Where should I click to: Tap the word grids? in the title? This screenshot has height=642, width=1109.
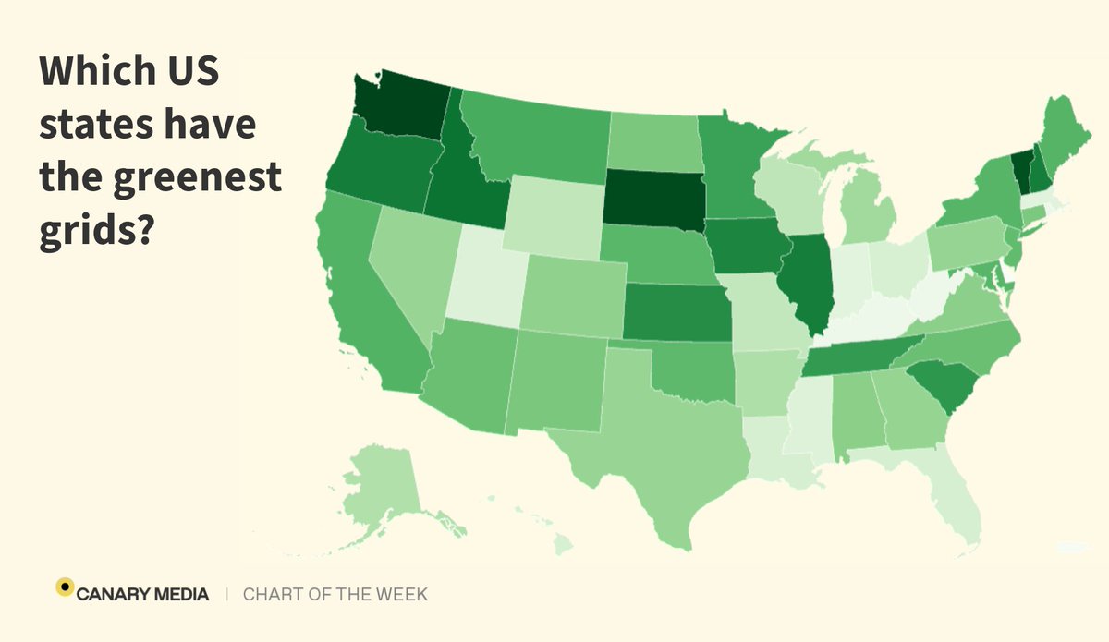[x=95, y=226]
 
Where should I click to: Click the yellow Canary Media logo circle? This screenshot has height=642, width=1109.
[x=65, y=587]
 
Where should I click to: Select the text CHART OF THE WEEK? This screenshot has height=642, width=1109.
[x=335, y=594]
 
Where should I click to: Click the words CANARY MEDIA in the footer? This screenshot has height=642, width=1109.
[x=143, y=594]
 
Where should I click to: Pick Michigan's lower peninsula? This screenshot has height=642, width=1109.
[x=866, y=212]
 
